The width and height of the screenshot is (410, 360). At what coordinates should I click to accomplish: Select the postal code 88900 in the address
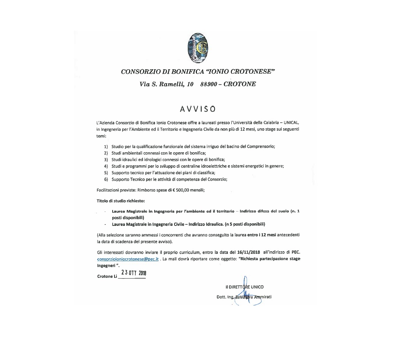tap(209, 84)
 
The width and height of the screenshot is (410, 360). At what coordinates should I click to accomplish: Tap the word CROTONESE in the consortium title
tap(254, 71)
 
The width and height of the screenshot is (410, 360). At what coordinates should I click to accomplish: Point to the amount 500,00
tap(182, 190)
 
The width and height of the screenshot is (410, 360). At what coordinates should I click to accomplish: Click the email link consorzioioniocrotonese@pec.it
tap(128, 259)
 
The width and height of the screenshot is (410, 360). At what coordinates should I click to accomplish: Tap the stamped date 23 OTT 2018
tap(133, 273)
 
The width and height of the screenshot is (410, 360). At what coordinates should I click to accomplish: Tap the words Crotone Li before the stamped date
tap(107, 276)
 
